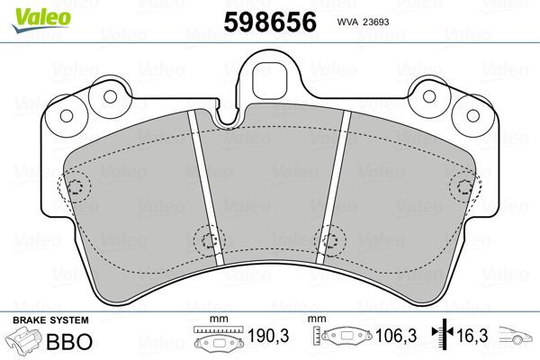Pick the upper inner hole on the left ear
(110, 96)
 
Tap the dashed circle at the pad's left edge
(76, 189)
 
